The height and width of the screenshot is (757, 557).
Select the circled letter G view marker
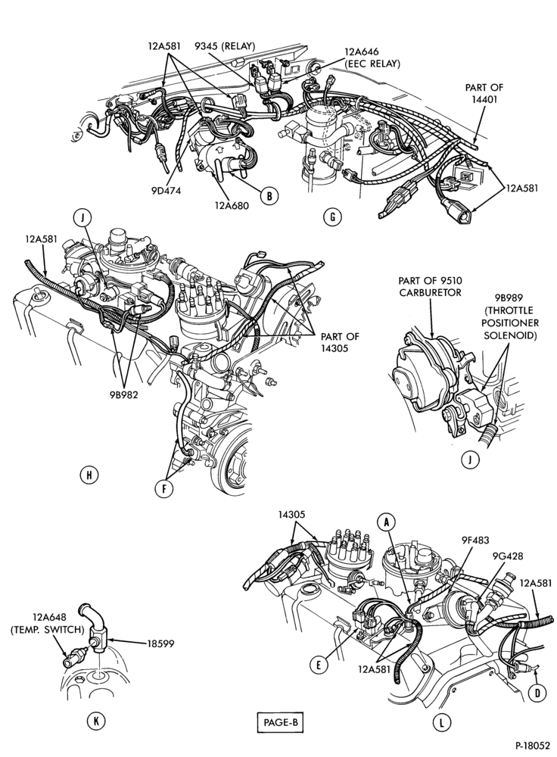332,217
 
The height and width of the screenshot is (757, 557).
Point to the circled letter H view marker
89,475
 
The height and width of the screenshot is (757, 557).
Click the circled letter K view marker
95,721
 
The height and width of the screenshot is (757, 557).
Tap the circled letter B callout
269,195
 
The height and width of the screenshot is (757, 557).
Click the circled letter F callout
163,489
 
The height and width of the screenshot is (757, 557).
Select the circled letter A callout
386,521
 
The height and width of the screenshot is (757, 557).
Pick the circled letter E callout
319,665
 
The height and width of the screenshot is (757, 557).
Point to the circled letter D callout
537,693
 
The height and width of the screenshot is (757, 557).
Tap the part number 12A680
232,206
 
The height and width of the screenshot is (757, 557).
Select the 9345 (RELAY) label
225,46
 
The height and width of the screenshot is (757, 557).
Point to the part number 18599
160,643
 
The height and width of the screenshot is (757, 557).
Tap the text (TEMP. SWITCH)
48,630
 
